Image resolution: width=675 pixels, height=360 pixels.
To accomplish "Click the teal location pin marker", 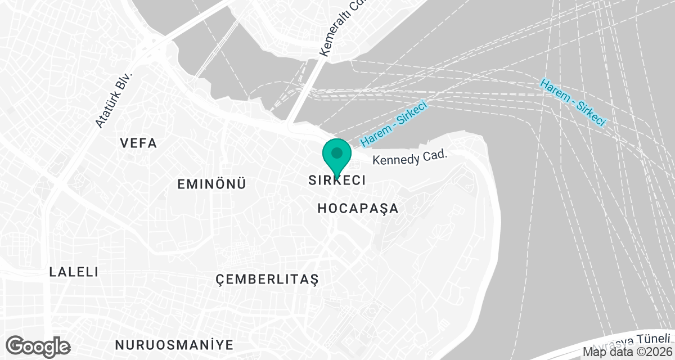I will click(x=337, y=156).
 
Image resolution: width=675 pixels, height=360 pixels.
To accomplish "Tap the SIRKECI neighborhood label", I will click(x=337, y=181).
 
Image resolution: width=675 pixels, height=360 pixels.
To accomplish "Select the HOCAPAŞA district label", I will click(x=358, y=209).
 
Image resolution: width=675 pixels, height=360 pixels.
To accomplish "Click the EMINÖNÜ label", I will click(x=211, y=184).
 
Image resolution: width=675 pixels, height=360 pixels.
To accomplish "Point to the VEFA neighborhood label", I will click(x=138, y=143).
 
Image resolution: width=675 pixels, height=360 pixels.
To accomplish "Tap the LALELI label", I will click(x=74, y=272).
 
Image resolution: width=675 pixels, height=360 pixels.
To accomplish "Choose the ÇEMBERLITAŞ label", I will click(x=267, y=280).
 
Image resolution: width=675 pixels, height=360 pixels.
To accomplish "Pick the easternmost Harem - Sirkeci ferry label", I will click(x=573, y=102).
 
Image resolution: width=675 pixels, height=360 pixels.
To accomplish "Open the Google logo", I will click(x=38, y=345).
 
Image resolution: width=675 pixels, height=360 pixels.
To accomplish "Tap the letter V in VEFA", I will click(x=124, y=143).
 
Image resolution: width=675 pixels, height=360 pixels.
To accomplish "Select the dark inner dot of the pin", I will click(x=337, y=152).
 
